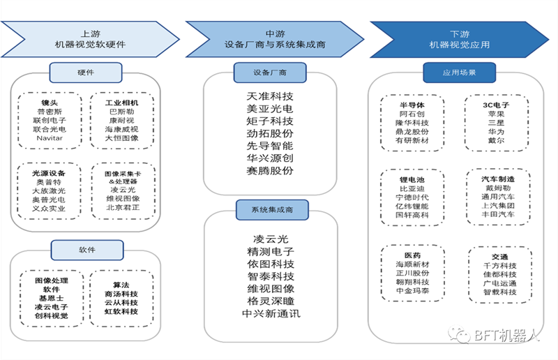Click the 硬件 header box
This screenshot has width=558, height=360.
pos(86,73)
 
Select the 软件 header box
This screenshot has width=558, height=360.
pos(87,250)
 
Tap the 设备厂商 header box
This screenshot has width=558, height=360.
pos(270,73)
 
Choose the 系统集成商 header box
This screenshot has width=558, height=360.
pos(272,210)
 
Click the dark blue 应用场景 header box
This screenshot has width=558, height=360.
pos(460,73)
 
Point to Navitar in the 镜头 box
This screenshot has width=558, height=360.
pos(50,138)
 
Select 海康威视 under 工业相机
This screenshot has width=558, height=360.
pos(121,129)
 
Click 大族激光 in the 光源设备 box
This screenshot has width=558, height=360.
pos(49,191)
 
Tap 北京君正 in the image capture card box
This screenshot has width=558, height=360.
pos(123,207)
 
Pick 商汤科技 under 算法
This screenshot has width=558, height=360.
pos(121,294)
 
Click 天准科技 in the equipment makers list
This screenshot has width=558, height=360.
pos(270,96)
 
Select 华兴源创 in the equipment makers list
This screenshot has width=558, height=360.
pos(270,158)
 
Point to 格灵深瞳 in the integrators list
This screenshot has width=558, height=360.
pos(271,301)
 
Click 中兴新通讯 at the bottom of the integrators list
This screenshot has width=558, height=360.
pos(271,314)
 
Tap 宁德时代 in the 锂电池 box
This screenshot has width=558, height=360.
pos(412,197)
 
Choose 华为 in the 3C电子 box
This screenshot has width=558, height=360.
pos(496,132)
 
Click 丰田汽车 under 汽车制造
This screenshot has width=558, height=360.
pos(498,214)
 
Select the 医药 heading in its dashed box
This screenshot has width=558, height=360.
pos(412,255)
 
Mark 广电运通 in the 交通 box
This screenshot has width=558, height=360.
pos(499,283)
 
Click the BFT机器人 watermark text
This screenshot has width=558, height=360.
pos(507,336)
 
